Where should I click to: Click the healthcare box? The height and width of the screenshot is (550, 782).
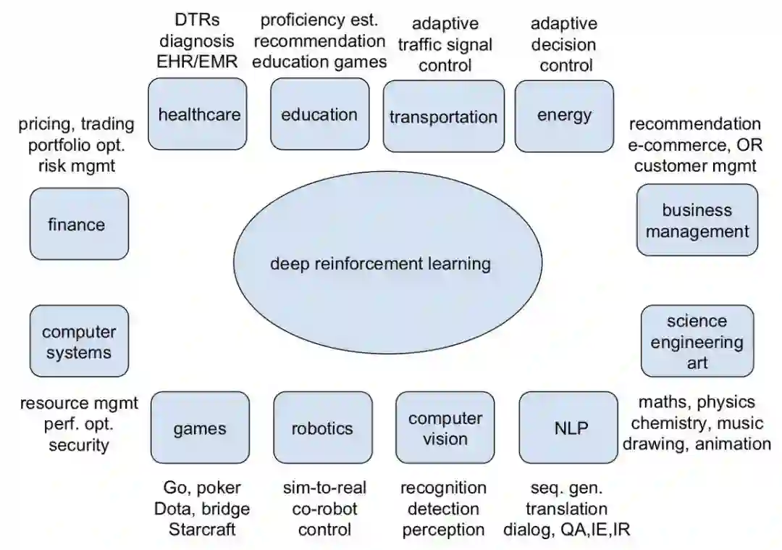click(198, 114)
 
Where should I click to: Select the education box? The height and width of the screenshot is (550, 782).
click(319, 114)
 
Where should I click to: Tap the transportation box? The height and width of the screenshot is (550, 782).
click(443, 117)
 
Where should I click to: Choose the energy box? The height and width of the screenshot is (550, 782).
click(564, 114)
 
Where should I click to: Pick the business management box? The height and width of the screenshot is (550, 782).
click(697, 220)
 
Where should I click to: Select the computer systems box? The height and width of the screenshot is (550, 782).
click(79, 342)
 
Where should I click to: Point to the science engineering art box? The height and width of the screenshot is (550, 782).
click(697, 341)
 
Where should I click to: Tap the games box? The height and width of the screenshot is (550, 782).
click(199, 428)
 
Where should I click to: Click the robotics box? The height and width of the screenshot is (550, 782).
click(321, 428)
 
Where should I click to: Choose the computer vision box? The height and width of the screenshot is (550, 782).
click(445, 428)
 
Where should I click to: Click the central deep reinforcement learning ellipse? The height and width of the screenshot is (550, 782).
click(380, 264)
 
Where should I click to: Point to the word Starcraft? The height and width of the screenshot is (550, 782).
click(202, 530)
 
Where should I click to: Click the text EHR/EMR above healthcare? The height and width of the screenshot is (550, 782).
click(197, 61)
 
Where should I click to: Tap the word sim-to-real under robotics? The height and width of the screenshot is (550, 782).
click(324, 488)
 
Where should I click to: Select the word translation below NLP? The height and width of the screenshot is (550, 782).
click(566, 509)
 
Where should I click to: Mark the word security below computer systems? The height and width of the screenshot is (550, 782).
click(79, 445)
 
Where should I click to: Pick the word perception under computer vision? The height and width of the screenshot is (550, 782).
click(443, 530)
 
